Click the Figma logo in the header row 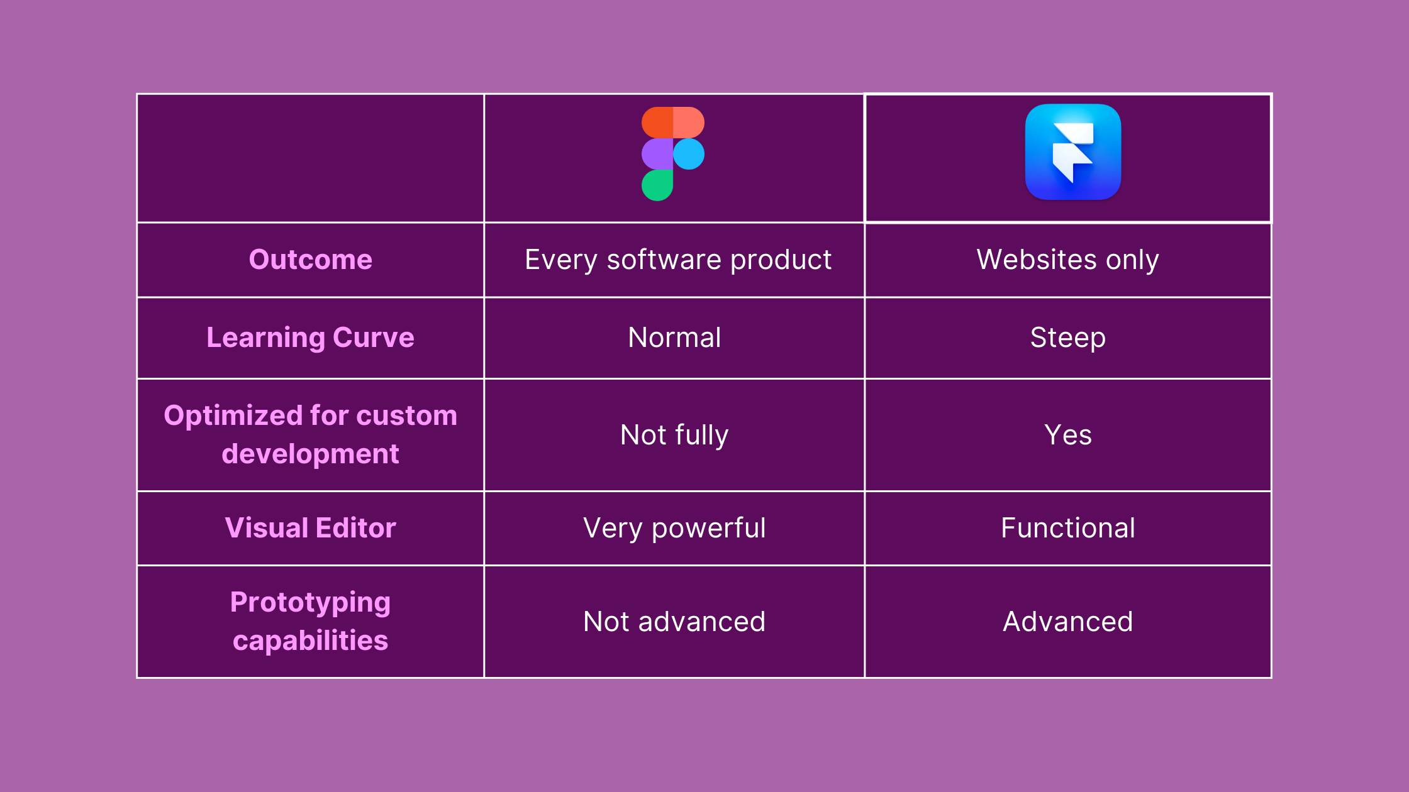coord(673,154)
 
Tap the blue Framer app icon coord(1073,152)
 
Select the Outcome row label coord(311,260)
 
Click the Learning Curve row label coord(311,338)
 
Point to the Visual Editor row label coord(311,528)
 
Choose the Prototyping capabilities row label coord(311,621)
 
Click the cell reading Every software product coord(678,260)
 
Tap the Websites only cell coord(1068,260)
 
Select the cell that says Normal coord(674,338)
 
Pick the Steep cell coord(1068,338)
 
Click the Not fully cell coord(674,435)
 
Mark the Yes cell coord(1068,435)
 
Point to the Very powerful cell coord(674,528)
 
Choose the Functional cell coord(1068,528)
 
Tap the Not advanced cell coord(674,622)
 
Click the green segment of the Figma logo coord(657,185)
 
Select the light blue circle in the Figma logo coord(689,154)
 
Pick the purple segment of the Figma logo coord(657,154)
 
